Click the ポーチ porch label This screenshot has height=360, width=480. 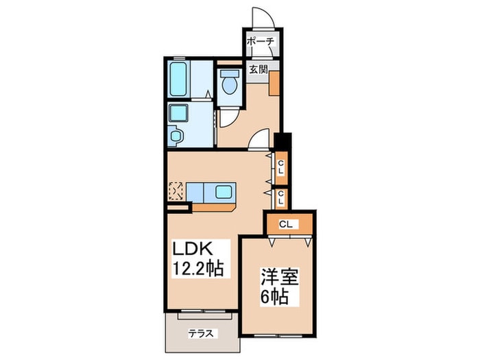pyautogui.click(x=260, y=41)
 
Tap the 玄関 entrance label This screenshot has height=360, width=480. pyautogui.click(x=258, y=69)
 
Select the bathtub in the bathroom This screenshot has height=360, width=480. pyautogui.click(x=178, y=79)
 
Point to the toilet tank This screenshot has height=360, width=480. pyautogui.click(x=229, y=73)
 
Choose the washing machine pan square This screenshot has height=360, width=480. pyautogui.click(x=179, y=113)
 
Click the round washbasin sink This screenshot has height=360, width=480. pyautogui.click(x=176, y=135)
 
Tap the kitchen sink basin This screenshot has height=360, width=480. pyautogui.click(x=224, y=192)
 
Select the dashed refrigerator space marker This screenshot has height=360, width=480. pyautogui.click(x=176, y=191)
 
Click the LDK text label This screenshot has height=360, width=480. pyautogui.click(x=193, y=248)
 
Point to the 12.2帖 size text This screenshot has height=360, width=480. pyautogui.click(x=198, y=269)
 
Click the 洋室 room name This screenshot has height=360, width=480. pyautogui.click(x=279, y=276)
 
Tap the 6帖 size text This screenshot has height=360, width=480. pyautogui.click(x=274, y=296)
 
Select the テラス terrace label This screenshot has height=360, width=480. pyautogui.click(x=200, y=333)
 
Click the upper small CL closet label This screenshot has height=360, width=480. pyautogui.click(x=280, y=168)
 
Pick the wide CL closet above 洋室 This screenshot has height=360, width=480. pyautogui.click(x=289, y=225)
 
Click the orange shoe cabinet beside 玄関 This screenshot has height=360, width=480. pyautogui.click(x=274, y=83)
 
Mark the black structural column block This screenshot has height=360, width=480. pyautogui.click(x=283, y=141)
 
